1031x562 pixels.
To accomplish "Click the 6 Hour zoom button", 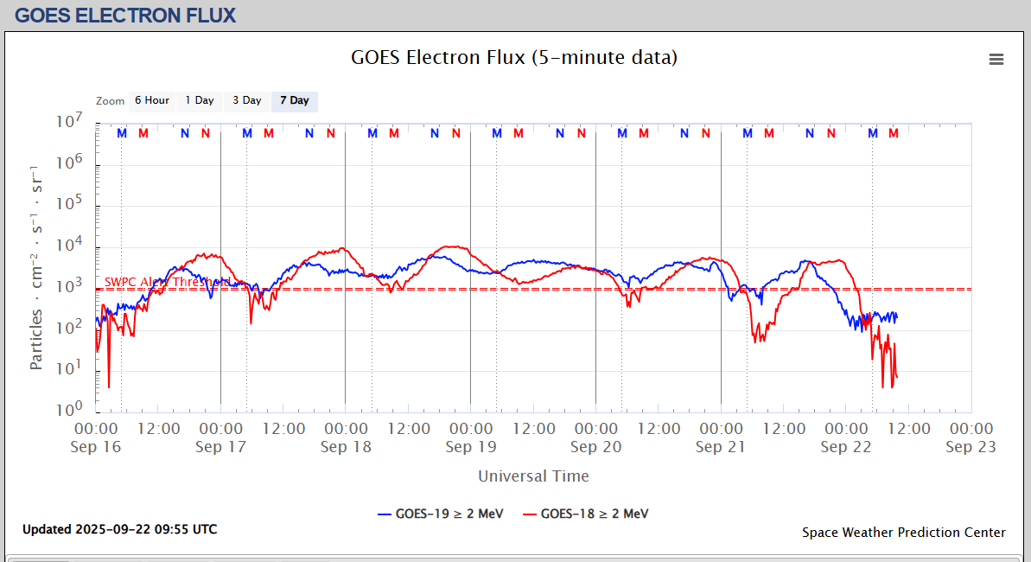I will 151,100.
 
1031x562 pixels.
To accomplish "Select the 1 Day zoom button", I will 200,100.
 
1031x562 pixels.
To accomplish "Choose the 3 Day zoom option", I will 246,100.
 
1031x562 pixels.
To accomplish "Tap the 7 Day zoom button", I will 294,100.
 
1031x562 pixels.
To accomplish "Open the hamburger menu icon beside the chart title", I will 996,59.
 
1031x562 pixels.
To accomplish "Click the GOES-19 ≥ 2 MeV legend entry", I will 441,514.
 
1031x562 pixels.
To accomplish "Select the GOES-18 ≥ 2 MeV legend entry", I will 586,514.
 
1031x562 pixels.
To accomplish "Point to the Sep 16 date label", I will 97,447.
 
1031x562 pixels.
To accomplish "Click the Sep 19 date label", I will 471,447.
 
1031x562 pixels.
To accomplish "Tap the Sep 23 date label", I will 971,447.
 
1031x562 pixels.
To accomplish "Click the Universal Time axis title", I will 533,476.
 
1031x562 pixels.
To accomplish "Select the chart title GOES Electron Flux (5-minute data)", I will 514,58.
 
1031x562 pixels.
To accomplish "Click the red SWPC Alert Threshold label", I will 167,282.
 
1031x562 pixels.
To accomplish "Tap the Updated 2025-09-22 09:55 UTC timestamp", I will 119,529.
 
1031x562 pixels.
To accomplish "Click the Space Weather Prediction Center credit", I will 903,533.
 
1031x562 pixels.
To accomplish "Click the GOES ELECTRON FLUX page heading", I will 125,15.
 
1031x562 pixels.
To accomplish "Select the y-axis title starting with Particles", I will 36,265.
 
